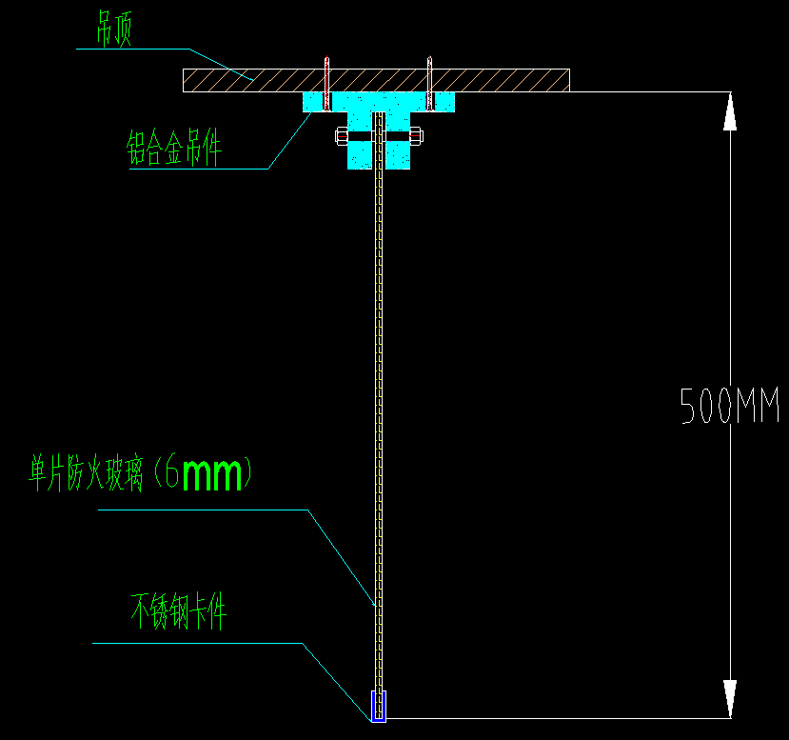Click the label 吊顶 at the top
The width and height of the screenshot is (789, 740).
click(x=113, y=31)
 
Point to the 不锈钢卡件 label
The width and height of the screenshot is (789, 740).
click(x=179, y=611)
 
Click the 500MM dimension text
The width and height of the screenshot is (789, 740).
click(x=730, y=407)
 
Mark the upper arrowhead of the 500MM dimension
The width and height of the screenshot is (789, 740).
click(x=730, y=110)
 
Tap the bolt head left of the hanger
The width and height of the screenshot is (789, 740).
click(x=341, y=136)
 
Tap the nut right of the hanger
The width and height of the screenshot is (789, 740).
click(x=416, y=136)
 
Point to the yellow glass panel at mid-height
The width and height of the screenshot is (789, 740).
click(x=379, y=400)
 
